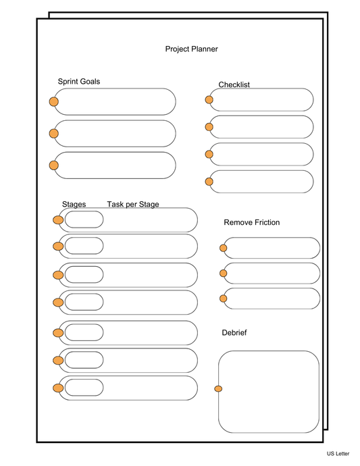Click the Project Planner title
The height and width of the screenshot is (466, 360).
(191, 49)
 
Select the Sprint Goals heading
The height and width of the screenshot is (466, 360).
(79, 82)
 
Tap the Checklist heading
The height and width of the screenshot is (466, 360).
(234, 85)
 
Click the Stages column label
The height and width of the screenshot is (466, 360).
(74, 205)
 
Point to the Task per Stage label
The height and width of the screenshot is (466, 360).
(133, 205)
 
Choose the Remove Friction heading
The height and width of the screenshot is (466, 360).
(251, 223)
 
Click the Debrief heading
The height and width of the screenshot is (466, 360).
(234, 333)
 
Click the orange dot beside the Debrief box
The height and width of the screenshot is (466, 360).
(218, 388)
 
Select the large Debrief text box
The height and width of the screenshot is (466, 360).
(269, 392)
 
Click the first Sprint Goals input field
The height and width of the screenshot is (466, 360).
(115, 102)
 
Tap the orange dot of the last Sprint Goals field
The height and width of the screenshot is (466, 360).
(53, 165)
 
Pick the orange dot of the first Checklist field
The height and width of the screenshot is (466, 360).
(209, 100)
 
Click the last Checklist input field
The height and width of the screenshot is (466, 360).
(262, 181)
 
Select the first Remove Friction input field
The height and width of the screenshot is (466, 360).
(272, 248)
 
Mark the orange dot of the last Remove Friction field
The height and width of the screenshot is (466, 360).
(224, 298)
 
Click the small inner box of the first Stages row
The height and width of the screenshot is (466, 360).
(84, 219)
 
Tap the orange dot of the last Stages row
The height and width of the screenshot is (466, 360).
(58, 388)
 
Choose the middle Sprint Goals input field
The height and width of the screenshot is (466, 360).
(115, 134)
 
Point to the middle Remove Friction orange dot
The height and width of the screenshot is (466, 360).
(224, 274)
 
